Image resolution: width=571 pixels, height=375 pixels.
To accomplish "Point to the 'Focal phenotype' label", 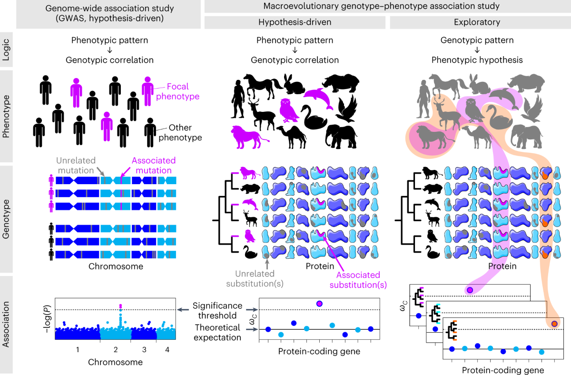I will [177, 91].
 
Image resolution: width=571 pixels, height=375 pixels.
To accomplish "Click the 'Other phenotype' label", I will [180, 132].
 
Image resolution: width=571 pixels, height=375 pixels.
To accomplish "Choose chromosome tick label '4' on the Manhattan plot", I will [167, 349].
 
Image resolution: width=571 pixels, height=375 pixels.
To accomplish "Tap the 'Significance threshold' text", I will [217, 310].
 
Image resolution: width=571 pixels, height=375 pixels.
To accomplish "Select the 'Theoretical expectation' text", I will [217, 332].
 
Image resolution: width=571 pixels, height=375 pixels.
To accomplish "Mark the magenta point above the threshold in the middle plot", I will [319, 304].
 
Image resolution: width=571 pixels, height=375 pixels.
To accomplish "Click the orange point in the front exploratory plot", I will [554, 324].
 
